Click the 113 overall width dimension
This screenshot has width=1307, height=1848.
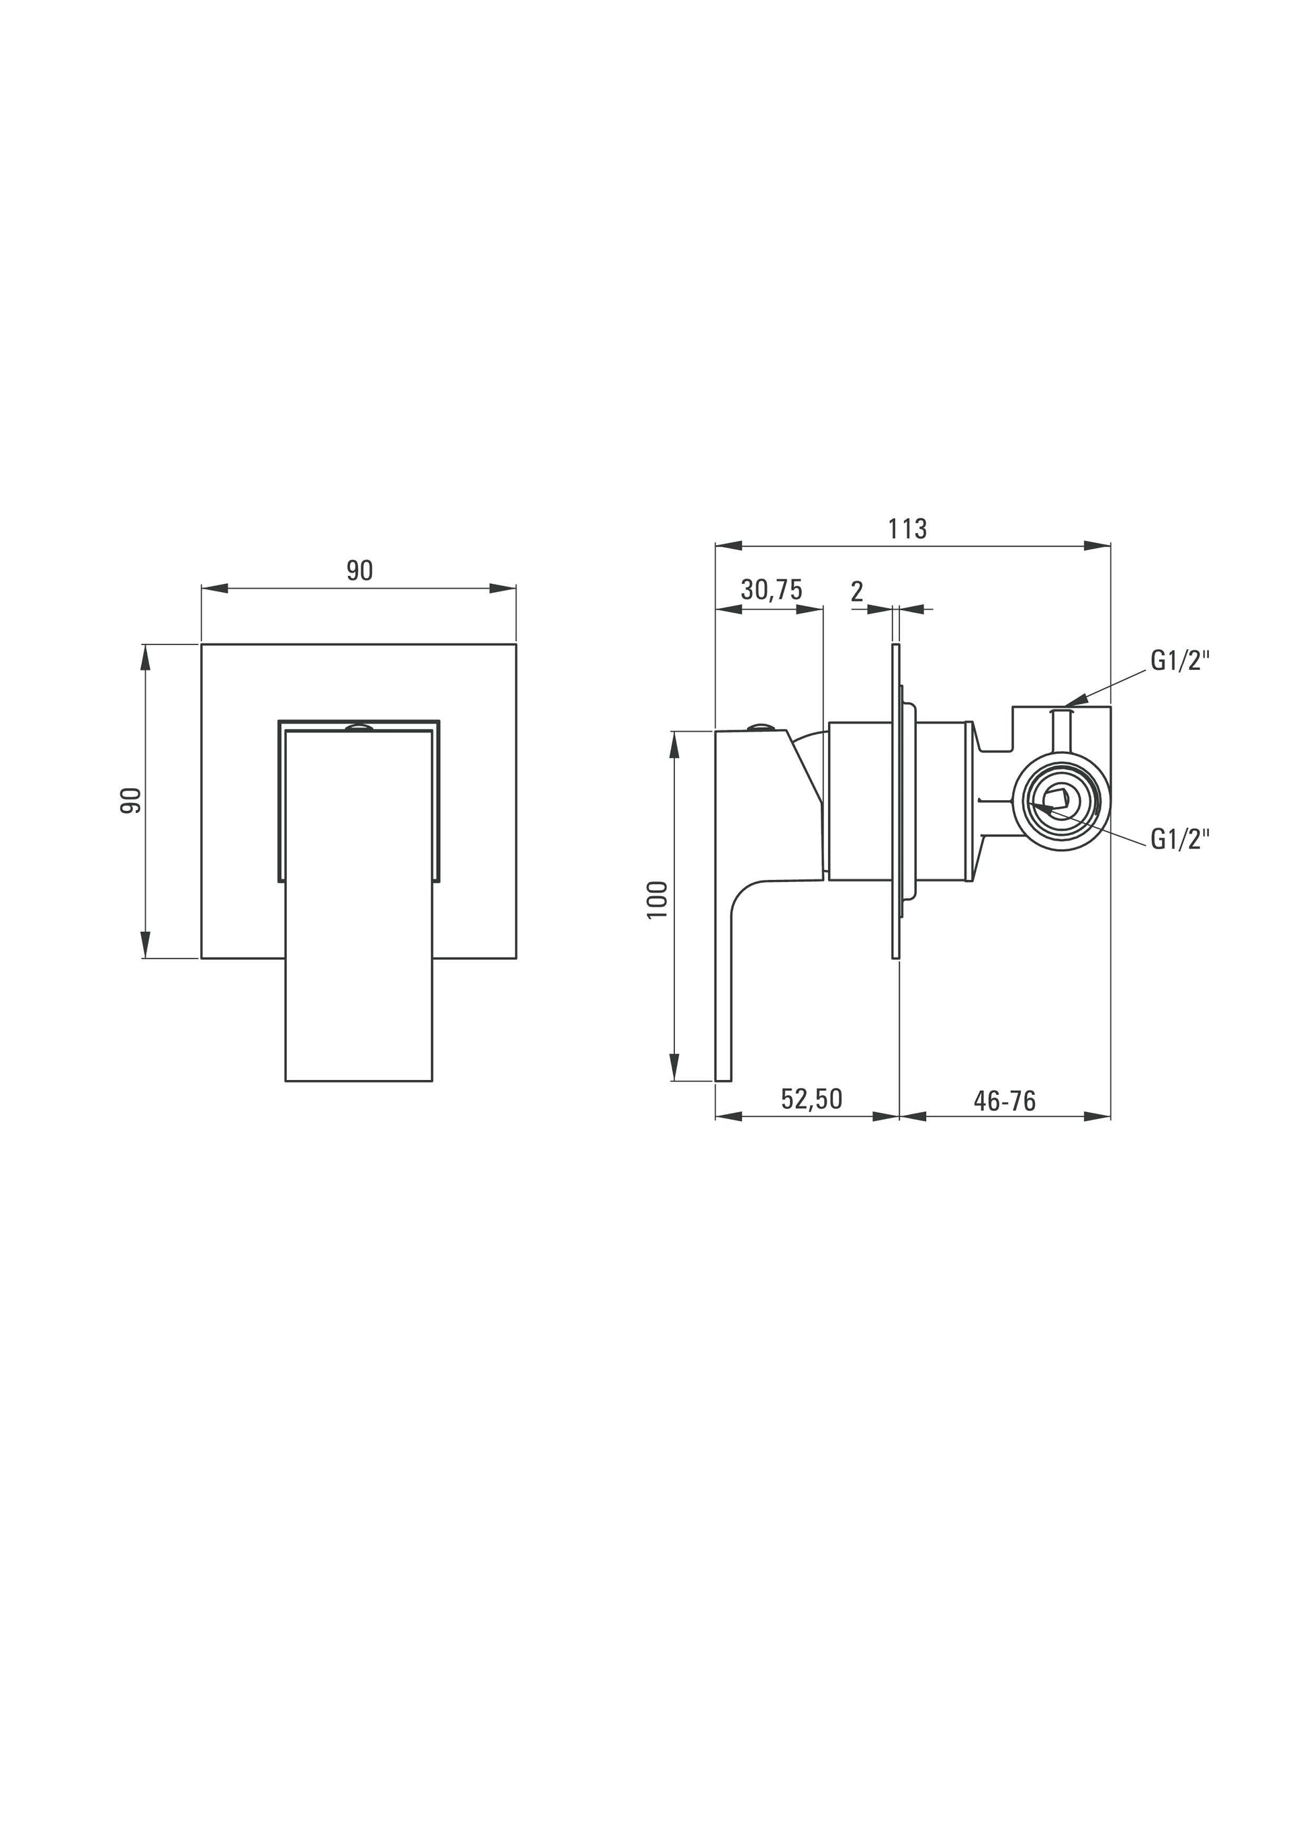click(907, 529)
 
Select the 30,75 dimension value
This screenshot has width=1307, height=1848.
click(772, 590)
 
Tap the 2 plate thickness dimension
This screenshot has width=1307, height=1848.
click(857, 591)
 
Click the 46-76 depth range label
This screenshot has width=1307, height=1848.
click(1004, 1100)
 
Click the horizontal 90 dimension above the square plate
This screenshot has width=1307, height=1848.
click(360, 571)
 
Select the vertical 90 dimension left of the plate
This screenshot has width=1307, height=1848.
click(130, 800)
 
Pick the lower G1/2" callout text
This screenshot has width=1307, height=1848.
click(1181, 840)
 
